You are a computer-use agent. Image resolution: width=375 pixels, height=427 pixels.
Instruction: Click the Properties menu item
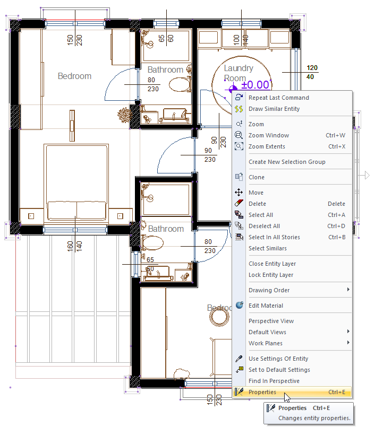pyautogui.click(x=292, y=392)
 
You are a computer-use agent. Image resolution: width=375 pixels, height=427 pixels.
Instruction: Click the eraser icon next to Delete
pyautogui.click(x=239, y=203)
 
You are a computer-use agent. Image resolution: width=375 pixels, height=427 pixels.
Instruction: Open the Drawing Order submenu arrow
pyautogui.click(x=348, y=290)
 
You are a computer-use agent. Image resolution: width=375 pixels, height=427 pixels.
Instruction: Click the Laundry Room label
pyautogui.click(x=238, y=73)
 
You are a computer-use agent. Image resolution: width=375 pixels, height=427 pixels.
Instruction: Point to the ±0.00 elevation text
pyautogui.click(x=255, y=85)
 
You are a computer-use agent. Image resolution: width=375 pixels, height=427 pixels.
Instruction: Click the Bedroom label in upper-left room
pyautogui.click(x=74, y=76)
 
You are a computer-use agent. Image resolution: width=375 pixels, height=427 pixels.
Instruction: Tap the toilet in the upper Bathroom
pyautogui.click(x=180, y=84)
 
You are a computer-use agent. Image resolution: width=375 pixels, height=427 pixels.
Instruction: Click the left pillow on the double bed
pyautogui.click(x=62, y=210)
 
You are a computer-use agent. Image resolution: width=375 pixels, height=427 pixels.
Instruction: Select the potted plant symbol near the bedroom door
pyautogui.click(x=124, y=115)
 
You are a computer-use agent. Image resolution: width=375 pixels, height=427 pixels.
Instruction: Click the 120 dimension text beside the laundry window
pyautogui.click(x=312, y=68)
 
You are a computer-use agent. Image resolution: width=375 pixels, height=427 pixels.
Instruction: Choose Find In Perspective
pyautogui.click(x=274, y=381)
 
